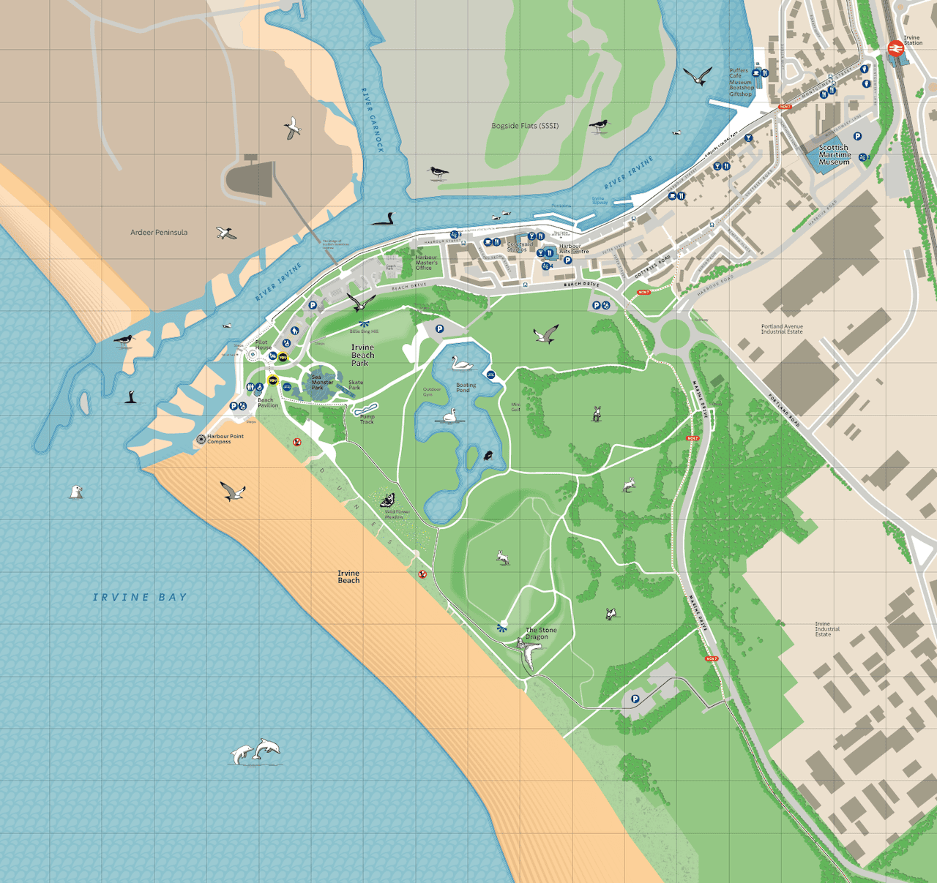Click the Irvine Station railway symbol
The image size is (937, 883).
894,48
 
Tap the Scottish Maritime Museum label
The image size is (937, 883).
835,155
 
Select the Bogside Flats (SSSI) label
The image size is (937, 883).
525,126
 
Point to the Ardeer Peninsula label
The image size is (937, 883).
159,233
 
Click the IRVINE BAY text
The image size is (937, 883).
140,598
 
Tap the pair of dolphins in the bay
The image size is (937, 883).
256,751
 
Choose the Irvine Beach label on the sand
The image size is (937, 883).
348,577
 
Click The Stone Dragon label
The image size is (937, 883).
541,634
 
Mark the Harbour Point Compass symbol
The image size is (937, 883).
201,439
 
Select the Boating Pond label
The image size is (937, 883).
466,388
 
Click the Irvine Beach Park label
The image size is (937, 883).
362,355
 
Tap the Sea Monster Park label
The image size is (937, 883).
321,382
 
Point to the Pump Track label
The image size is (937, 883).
367,419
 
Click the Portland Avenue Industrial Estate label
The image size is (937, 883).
782,329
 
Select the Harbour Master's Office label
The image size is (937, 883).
426,263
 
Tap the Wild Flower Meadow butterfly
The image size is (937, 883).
387,500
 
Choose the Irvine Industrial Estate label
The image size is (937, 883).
827,629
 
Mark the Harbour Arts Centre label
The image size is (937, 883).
574,249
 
